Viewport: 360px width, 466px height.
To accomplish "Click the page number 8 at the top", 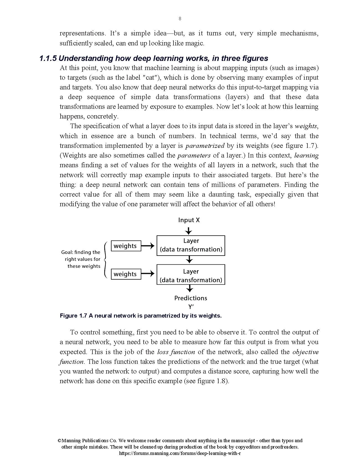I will pos(180,19).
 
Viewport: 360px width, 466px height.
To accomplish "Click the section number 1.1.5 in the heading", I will pos(48,58).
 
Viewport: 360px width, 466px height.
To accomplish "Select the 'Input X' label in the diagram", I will pos(189,220).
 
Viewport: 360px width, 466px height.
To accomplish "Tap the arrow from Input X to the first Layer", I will pos(189,231).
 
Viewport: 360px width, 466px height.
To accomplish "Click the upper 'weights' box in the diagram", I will pos(126,246).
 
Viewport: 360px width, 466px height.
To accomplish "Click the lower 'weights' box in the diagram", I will pos(126,274).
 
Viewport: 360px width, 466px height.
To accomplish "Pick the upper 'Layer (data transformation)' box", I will pos(191,245).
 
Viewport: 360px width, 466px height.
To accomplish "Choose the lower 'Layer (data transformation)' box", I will pos(191,274).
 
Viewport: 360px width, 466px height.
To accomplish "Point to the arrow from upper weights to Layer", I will pos(148,246).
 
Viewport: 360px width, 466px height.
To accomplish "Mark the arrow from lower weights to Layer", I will pos(148,274).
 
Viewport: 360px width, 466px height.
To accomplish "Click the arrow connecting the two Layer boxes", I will pos(189,260).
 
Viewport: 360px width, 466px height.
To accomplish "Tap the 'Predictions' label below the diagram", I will pos(191,298).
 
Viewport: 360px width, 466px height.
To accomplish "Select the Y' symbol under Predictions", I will pos(191,307).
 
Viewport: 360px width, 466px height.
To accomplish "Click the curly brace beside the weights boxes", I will pos(105,259).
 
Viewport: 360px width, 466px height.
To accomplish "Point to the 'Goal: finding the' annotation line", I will pos(81,252).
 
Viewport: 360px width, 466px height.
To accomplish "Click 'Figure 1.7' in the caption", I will pos(73,316).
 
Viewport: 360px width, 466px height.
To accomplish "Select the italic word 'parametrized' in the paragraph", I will pos(205,146).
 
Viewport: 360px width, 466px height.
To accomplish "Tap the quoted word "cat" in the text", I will pos(150,78).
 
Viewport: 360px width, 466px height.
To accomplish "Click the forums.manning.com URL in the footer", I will pos(180,454).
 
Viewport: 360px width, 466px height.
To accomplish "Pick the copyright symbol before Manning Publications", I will pos(59,441).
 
